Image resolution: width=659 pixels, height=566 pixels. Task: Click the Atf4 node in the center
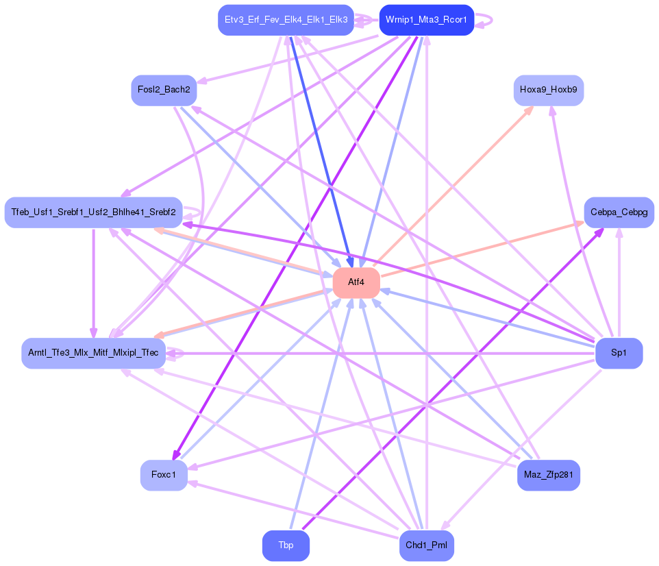tap(356, 282)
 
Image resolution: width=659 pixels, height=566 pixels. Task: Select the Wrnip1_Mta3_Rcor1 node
tap(426, 20)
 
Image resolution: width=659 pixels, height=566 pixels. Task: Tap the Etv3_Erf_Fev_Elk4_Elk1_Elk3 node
tap(286, 20)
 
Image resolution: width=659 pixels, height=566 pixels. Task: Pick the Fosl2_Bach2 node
tap(164, 90)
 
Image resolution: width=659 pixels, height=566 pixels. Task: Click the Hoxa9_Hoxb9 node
tap(548, 90)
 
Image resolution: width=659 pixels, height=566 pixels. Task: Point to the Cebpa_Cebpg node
tap(619, 212)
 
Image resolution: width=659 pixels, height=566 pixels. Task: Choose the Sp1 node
tap(619, 353)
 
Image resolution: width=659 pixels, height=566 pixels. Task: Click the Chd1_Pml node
tap(426, 545)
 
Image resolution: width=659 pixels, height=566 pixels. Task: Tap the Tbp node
tap(286, 545)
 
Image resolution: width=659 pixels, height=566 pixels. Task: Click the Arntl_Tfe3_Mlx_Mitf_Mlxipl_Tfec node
tap(93, 353)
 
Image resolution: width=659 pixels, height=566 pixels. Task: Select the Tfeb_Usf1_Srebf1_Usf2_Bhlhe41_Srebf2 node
tap(93, 212)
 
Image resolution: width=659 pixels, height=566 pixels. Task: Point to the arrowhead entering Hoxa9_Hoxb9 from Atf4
tap(530, 109)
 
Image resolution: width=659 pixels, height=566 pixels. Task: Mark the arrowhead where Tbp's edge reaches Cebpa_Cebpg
tap(600, 232)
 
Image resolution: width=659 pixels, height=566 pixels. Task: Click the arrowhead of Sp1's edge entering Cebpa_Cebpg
tap(619, 232)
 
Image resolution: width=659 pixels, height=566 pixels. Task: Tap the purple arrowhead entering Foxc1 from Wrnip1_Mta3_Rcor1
tap(176, 457)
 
